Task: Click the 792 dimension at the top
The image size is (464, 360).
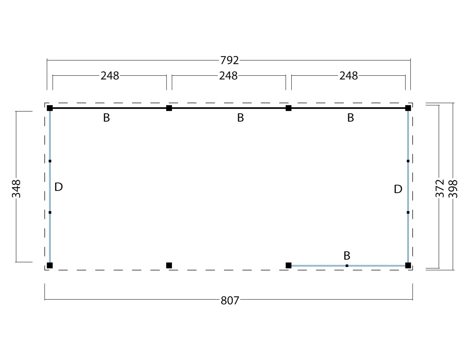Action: point(229,60)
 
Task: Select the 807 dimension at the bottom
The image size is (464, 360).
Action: point(230,301)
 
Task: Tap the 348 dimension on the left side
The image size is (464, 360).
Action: point(16,189)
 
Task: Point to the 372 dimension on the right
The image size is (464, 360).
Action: point(440,188)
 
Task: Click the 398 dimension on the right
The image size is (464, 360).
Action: point(453,189)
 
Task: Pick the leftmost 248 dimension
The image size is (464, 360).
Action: point(110,76)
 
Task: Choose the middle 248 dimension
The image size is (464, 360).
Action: point(228,76)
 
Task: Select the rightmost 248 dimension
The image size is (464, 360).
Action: point(348,76)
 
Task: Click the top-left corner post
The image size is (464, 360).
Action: point(50,108)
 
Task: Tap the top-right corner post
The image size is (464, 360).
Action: point(408,108)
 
